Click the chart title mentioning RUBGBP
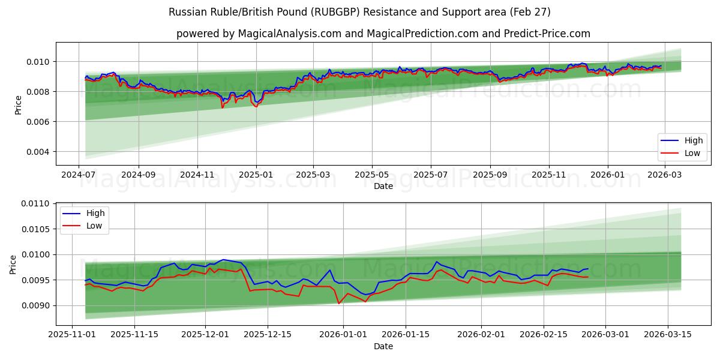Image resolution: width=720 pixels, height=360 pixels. click(x=359, y=12)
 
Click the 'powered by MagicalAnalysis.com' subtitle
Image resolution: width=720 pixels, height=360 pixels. click(x=383, y=34)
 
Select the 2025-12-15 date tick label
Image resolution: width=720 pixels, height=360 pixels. click(x=267, y=334)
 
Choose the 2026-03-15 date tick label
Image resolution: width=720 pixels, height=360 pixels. click(x=668, y=334)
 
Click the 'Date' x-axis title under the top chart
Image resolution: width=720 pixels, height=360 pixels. click(x=383, y=186)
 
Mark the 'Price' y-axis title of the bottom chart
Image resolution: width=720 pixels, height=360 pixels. click(x=13, y=265)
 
